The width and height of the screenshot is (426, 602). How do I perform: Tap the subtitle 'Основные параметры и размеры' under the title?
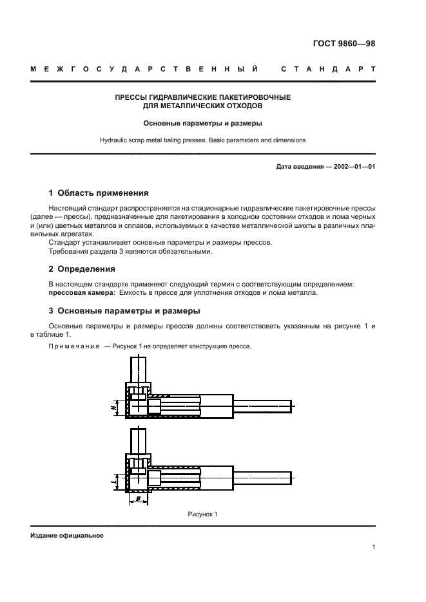tap(202, 122)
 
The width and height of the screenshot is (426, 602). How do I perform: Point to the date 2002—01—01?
tap(351, 167)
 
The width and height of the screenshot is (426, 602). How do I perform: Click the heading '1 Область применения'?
tap(99, 193)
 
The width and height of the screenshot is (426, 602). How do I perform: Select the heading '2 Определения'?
tap(82, 268)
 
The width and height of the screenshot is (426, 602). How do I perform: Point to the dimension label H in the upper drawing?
tap(113, 407)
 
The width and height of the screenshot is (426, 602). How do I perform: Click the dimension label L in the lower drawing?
tap(113, 479)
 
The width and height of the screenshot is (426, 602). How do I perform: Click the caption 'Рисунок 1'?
tap(202, 514)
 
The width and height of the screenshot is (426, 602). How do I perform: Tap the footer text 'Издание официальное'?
tap(66, 535)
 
